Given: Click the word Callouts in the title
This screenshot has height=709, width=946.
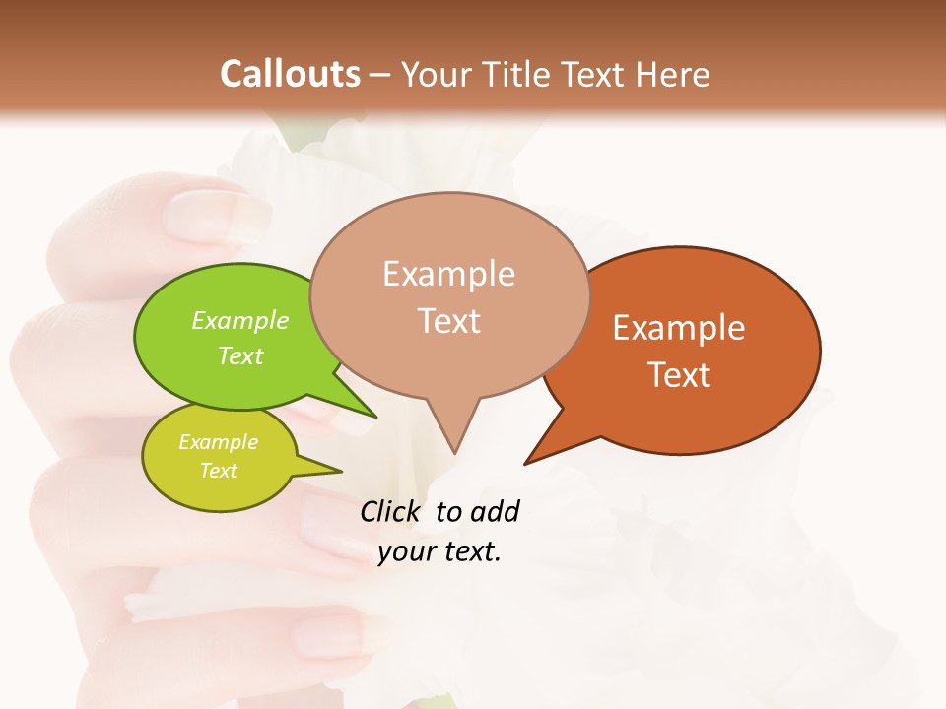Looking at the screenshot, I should click(x=290, y=74).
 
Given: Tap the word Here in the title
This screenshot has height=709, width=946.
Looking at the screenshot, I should click(x=672, y=74).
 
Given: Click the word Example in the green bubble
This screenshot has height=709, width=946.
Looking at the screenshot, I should click(x=240, y=320).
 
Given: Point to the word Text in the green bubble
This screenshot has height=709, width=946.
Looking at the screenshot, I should click(x=240, y=355).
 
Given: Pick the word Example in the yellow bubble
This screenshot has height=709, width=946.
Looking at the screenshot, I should click(x=218, y=442).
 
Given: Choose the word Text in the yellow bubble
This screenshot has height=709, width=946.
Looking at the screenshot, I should click(x=218, y=471).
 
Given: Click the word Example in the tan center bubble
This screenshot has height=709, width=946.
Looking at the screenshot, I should click(x=448, y=274).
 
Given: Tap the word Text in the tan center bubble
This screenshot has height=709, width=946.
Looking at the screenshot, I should click(x=448, y=320).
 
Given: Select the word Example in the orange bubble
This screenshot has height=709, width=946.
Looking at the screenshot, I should click(x=679, y=327).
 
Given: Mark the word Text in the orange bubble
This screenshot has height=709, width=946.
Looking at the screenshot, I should click(x=679, y=374).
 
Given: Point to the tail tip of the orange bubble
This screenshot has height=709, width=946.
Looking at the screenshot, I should click(x=529, y=460).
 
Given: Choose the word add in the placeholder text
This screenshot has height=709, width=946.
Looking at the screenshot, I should click(x=495, y=511).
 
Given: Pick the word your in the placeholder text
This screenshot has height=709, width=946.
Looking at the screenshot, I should click(x=404, y=552).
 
